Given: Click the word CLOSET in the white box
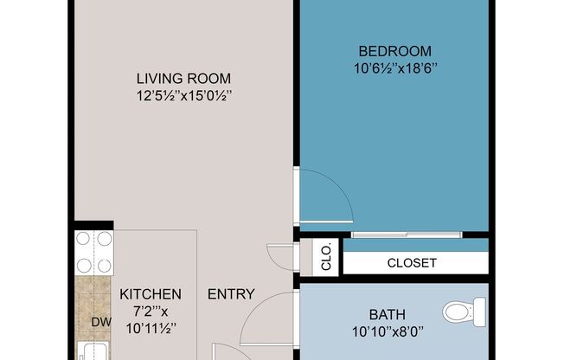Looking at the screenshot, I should tap(413, 263).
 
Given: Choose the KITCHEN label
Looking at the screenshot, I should tap(151, 293).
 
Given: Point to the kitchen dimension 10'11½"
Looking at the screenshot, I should tap(151, 328).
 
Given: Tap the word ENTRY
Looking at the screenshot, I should tap(231, 294).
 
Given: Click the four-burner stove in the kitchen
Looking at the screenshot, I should tap(93, 253).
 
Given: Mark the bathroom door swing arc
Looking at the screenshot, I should tap(274, 308).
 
